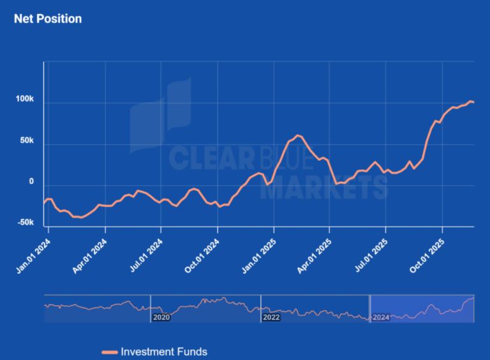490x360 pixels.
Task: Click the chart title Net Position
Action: [48, 19]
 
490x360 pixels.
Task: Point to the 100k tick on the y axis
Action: [25, 100]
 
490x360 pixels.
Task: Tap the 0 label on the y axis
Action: [31, 182]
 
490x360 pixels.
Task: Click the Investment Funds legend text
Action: [164, 352]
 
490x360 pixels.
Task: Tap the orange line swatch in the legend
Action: [110, 352]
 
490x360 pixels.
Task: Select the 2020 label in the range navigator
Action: [161, 317]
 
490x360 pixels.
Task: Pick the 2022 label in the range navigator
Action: [271, 317]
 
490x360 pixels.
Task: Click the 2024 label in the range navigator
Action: [381, 317]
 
